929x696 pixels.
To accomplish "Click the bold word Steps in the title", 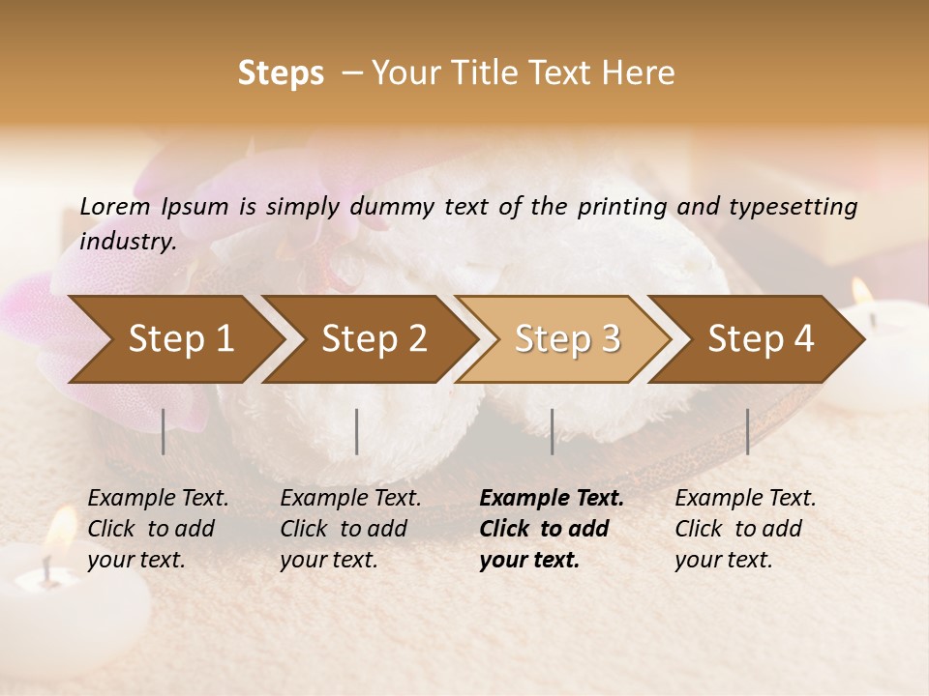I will (281, 73).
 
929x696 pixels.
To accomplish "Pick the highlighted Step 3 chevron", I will (567, 338).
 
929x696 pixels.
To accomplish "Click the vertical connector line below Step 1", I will (164, 431).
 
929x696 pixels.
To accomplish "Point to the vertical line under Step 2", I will (357, 431).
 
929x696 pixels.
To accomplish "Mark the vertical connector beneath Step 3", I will (552, 431).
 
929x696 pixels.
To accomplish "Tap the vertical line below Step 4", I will (747, 431).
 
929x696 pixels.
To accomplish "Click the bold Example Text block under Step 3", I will (551, 529).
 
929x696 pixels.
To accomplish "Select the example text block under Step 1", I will (158, 529).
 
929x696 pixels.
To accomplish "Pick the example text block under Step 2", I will (350, 529).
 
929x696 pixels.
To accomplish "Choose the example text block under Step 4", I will (745, 529).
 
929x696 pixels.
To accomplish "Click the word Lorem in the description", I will (115, 206).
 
